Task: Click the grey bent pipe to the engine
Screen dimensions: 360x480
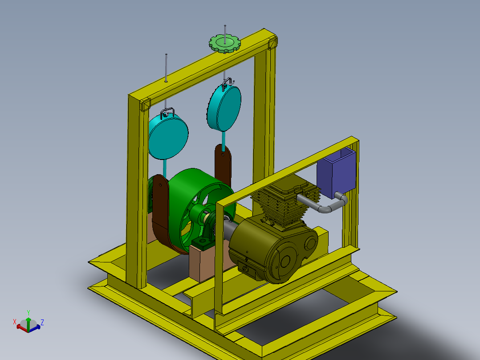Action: [325, 207]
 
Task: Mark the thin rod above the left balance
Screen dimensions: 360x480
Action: [166, 67]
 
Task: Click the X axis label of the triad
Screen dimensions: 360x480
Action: [15, 321]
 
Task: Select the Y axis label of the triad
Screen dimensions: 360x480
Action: [28, 312]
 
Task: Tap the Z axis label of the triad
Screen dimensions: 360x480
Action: [42, 322]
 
